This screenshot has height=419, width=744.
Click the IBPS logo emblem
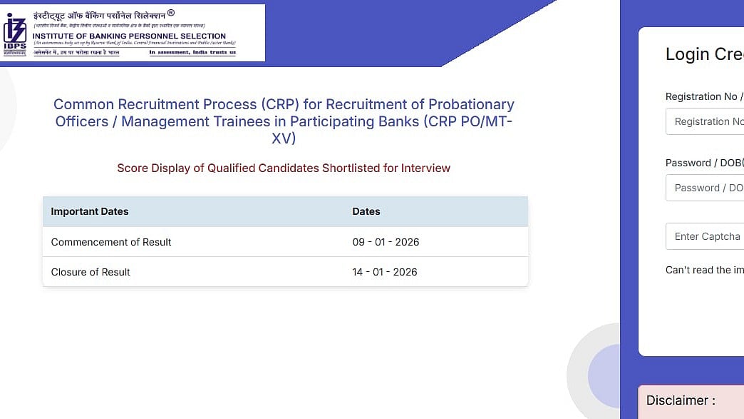tap(15, 33)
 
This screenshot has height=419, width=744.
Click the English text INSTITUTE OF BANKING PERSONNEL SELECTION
tap(130, 36)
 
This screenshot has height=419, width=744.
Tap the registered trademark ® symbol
tap(170, 13)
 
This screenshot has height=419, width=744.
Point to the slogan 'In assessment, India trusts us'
tap(192, 52)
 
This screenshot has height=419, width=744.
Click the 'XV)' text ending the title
tap(284, 138)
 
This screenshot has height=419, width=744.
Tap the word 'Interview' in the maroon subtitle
tap(425, 168)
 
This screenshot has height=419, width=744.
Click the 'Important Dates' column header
tap(90, 211)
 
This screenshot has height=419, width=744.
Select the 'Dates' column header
tap(366, 211)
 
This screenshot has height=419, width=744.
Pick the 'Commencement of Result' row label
tap(111, 242)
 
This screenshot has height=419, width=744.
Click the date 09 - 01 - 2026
tap(386, 242)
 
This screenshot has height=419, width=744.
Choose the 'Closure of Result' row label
tap(91, 272)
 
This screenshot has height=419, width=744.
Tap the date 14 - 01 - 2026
tap(385, 272)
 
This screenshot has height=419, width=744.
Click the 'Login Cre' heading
tap(704, 54)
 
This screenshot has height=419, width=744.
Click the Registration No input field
tap(706, 121)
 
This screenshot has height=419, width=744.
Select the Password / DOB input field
tap(706, 188)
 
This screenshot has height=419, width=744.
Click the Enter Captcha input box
tap(706, 236)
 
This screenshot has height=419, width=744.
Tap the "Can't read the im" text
tap(704, 270)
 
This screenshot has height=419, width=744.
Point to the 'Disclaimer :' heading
tap(681, 400)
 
